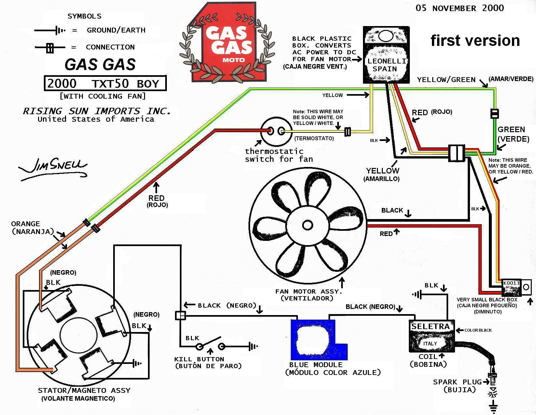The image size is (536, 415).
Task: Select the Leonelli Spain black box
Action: point(386,55)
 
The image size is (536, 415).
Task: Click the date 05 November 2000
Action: point(460,8)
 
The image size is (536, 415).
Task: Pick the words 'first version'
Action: point(475,41)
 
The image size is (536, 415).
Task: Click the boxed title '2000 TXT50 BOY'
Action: point(105,84)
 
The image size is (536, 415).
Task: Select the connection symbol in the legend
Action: point(50,48)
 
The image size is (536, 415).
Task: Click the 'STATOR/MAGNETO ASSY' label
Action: point(84,390)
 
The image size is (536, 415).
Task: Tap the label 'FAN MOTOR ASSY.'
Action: point(309,291)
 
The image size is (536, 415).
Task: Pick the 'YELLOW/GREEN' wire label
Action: point(446,80)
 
